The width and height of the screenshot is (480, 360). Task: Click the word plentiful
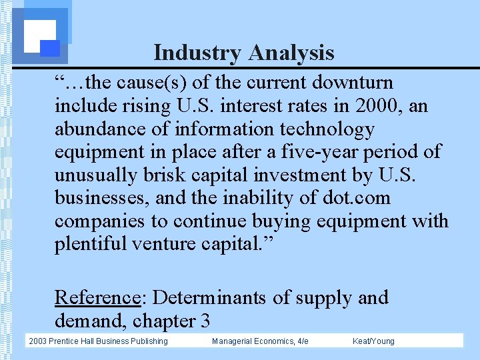[x=91, y=244]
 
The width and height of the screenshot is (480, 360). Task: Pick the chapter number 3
[x=205, y=321]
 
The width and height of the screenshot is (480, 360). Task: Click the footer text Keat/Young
[x=373, y=341]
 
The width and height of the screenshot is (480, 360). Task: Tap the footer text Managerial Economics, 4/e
[x=260, y=341]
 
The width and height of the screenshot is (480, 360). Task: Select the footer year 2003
[x=38, y=341]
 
